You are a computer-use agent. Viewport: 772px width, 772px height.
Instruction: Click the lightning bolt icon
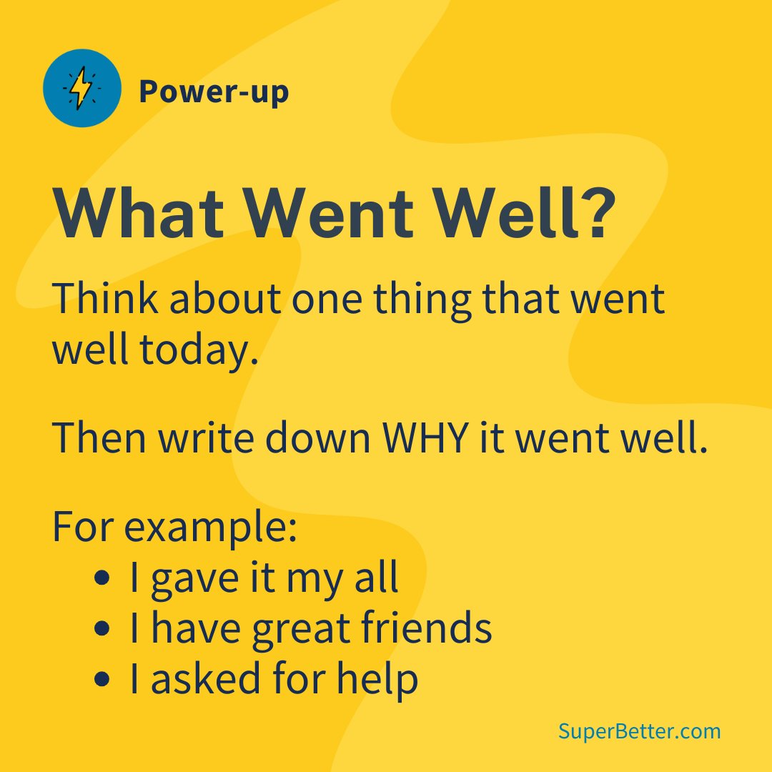click(x=81, y=89)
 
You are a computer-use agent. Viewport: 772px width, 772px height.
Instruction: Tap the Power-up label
click(x=214, y=91)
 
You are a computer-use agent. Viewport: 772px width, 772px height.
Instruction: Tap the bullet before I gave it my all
click(x=102, y=578)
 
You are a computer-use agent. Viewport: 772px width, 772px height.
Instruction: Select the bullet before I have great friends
click(x=102, y=629)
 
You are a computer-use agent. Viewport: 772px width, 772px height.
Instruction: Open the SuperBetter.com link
click(x=639, y=731)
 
